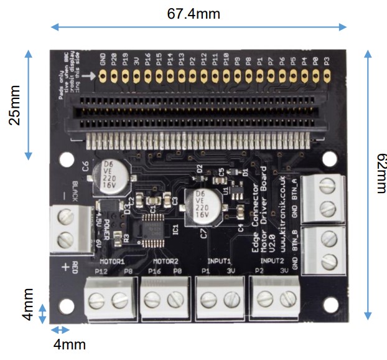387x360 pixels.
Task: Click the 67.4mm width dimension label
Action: click(193, 12)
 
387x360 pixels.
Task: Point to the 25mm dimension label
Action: click(14, 104)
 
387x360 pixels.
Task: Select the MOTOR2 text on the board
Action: click(166, 262)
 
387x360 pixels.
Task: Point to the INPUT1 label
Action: click(218, 262)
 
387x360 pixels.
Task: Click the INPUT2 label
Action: click(273, 262)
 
